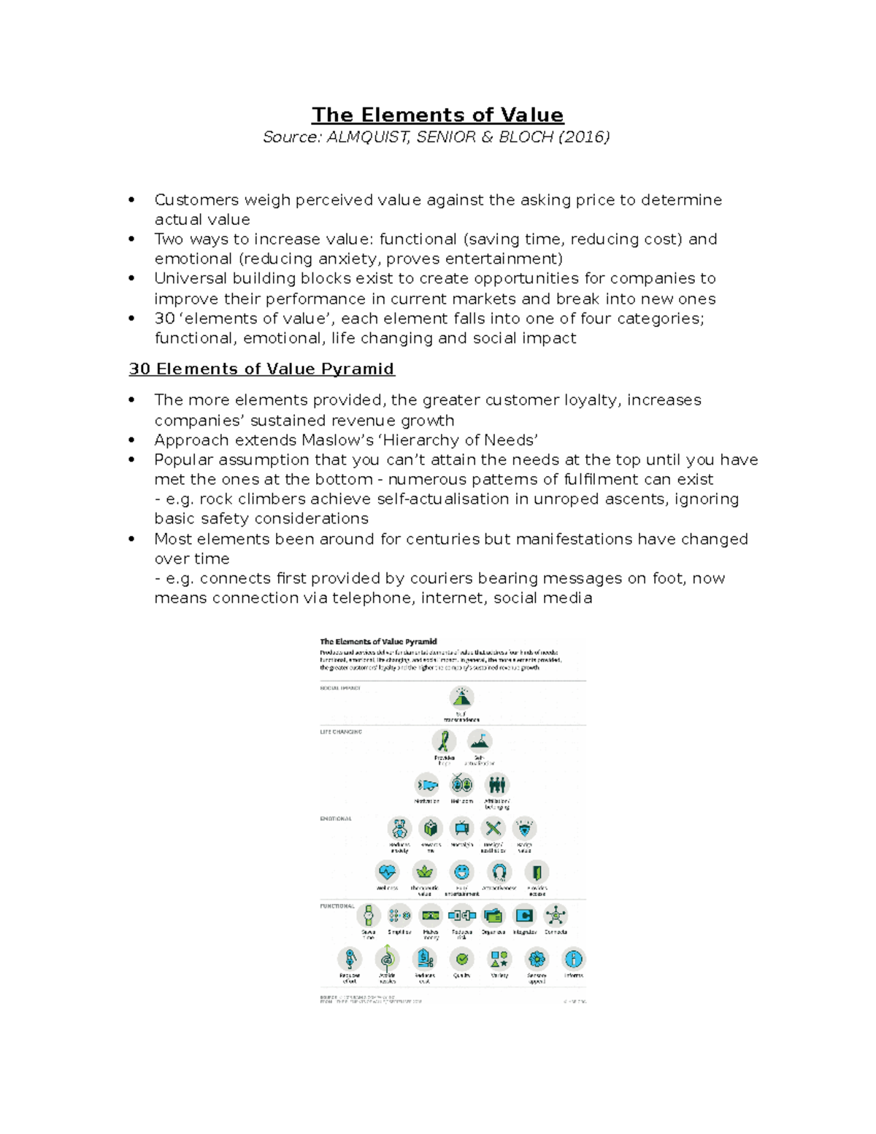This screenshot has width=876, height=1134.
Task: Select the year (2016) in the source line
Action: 584,137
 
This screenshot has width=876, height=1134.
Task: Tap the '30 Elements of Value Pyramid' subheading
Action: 261,369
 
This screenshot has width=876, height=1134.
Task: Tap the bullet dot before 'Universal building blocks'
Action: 131,278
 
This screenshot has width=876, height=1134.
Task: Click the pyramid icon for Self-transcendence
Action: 461,697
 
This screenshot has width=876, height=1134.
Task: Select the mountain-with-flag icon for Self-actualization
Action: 480,741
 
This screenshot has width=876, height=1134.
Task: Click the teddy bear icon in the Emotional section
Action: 399,829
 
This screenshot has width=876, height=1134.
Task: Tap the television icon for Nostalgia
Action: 461,829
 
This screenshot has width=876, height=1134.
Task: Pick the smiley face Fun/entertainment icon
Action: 461,872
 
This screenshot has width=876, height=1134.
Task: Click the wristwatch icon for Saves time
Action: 369,915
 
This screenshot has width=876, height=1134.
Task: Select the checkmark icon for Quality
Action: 461,959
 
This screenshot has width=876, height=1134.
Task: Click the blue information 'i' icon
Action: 574,959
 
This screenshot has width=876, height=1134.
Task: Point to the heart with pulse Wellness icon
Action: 387,872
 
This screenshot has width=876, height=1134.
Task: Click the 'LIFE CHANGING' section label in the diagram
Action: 341,732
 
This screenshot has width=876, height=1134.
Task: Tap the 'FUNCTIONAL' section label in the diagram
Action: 337,906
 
